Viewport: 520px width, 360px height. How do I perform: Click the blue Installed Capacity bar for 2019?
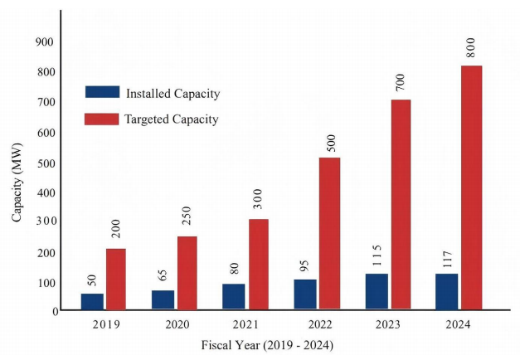(92, 302)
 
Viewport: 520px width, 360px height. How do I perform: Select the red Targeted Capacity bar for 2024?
(472, 187)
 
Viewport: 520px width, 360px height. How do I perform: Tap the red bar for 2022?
(329, 234)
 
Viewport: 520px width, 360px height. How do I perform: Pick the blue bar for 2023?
(377, 292)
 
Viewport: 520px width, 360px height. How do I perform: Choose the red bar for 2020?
(187, 273)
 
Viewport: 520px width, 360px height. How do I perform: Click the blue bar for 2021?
(234, 297)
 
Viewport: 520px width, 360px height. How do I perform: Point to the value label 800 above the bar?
(470, 48)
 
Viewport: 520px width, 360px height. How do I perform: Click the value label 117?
(447, 260)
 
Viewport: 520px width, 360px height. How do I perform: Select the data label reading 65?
(163, 275)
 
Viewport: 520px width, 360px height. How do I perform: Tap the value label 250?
(187, 216)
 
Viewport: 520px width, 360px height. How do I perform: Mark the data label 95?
(304, 265)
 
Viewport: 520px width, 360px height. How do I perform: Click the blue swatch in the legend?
(103, 92)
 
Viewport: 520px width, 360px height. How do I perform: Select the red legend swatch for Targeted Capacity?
(101, 119)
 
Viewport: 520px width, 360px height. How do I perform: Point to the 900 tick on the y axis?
(45, 41)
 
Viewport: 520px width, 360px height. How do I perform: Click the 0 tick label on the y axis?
(56, 311)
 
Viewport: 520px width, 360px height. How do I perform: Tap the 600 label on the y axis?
(46, 133)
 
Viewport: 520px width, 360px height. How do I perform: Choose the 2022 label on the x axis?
(320, 324)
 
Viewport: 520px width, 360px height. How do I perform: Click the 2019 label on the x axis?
(106, 324)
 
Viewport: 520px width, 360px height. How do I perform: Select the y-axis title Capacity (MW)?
(17, 182)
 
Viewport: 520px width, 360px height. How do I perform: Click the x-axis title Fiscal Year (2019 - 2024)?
(267, 345)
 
